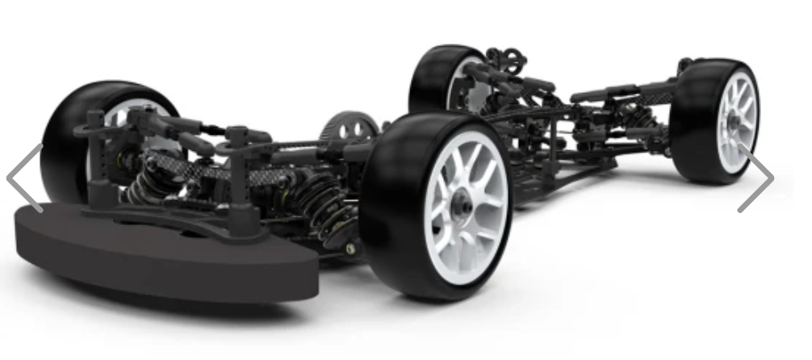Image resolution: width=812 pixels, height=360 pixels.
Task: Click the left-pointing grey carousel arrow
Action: coord(25,178)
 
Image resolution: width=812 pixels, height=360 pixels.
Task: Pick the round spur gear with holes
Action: coord(349,129)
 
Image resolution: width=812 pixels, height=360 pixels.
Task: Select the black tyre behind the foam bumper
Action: coord(65,137)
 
